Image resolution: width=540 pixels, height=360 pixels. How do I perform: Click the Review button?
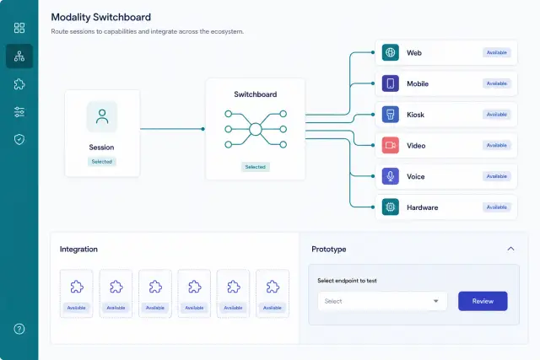(483, 301)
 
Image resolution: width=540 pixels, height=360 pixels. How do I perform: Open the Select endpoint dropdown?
(382, 301)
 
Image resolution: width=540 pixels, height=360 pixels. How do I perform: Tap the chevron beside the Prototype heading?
(510, 249)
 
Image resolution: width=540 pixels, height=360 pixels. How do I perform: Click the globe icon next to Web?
(390, 52)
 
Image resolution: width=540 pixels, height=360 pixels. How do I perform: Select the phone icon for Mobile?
(390, 83)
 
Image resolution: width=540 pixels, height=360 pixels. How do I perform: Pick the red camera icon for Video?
(390, 145)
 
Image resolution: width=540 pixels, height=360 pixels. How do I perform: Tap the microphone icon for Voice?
(390, 176)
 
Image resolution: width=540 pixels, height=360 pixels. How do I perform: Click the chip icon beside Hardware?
(390, 207)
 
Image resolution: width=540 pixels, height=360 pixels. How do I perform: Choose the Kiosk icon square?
(390, 115)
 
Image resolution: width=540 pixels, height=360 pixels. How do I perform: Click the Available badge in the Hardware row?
(497, 207)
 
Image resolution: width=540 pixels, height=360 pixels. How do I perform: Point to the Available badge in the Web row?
(497, 52)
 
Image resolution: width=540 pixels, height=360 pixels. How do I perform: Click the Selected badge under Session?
(102, 161)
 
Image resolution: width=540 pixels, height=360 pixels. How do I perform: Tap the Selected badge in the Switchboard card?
(255, 167)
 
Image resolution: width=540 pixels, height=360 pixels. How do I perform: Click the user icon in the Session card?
(102, 116)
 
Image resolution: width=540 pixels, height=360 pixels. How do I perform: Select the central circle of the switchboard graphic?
(256, 129)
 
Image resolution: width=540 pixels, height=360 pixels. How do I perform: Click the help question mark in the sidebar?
(19, 329)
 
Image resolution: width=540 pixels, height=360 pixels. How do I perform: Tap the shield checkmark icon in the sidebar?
(19, 139)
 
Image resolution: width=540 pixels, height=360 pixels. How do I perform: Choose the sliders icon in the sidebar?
(19, 112)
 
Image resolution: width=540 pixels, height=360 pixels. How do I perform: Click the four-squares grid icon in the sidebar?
(19, 28)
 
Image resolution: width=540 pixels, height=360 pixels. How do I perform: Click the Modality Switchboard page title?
(101, 17)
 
